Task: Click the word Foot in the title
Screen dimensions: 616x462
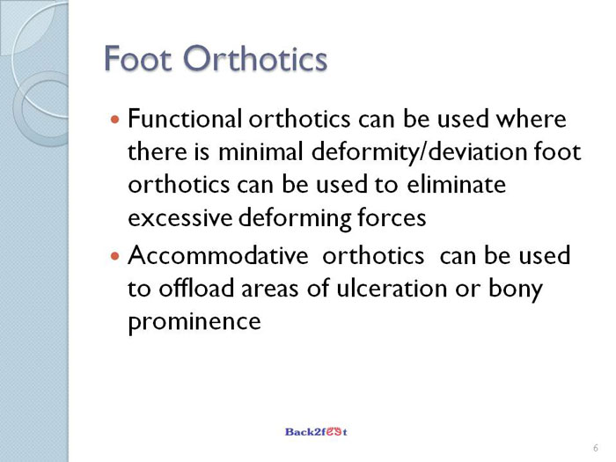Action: pos(138,59)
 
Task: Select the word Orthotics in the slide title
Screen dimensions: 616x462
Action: pos(255,59)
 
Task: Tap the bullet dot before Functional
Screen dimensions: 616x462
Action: pos(114,119)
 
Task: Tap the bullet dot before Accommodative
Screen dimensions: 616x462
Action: pos(114,257)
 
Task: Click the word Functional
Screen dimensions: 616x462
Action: pos(185,119)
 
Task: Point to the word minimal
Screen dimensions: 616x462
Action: pos(260,151)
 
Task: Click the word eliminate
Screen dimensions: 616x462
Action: pos(457,185)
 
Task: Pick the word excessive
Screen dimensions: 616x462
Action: pos(180,218)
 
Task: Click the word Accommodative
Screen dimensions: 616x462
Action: pos(218,256)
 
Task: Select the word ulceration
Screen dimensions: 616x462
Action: pos(392,288)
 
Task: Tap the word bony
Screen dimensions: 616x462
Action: pos(516,290)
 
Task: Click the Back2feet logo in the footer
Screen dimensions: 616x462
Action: pos(316,432)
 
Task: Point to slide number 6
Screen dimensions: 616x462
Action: pos(596,448)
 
